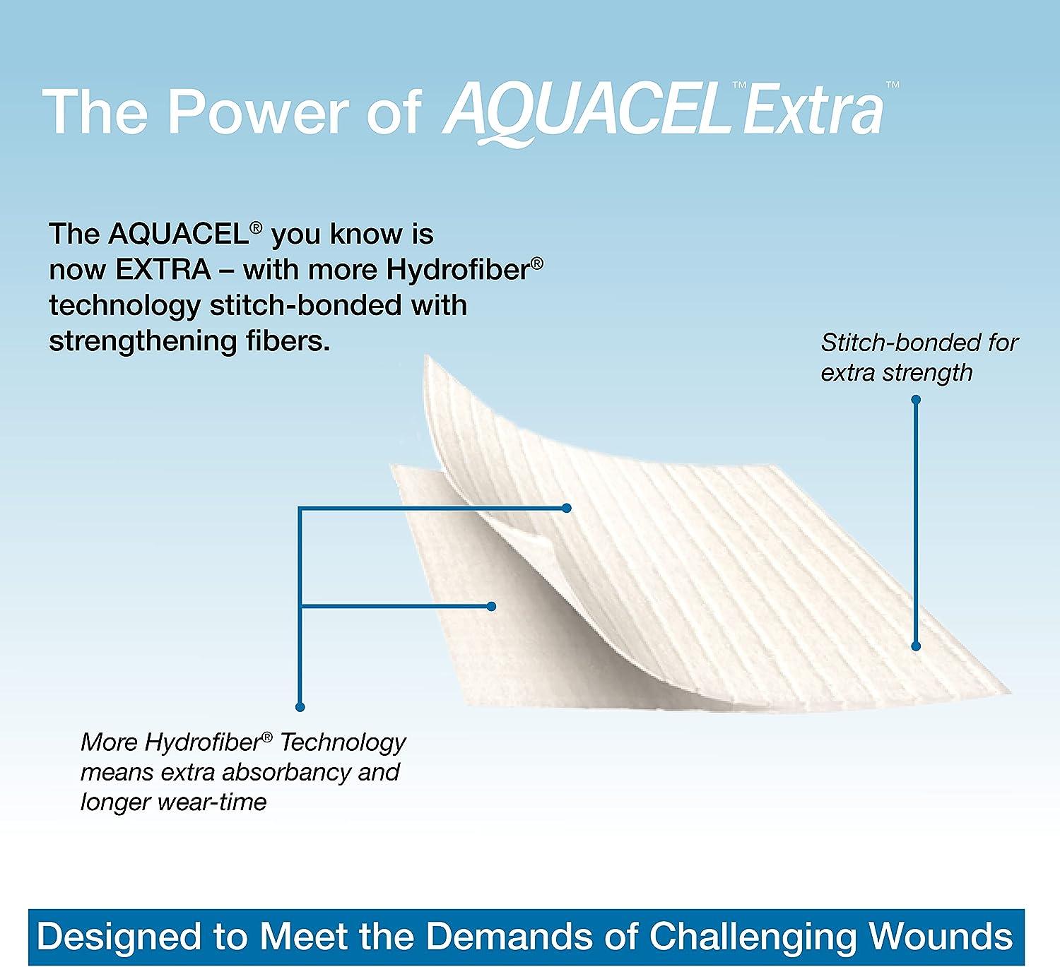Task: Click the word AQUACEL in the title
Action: click(x=585, y=112)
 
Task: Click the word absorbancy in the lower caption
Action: click(x=286, y=772)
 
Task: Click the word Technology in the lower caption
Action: click(x=343, y=742)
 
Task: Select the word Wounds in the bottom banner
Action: click(x=941, y=936)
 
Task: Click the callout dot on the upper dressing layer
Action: click(x=566, y=508)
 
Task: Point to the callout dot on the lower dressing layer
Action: click(x=492, y=606)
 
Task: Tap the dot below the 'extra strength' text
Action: click(x=916, y=400)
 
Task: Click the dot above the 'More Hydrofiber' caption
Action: click(x=300, y=707)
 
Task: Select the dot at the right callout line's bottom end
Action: click(x=916, y=646)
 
